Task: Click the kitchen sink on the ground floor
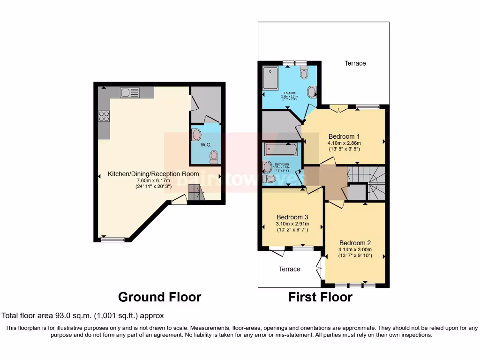click(x=127, y=92)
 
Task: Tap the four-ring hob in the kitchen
click(x=103, y=116)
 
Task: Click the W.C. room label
click(x=207, y=145)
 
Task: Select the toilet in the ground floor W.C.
click(x=214, y=156)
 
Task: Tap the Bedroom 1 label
click(x=344, y=136)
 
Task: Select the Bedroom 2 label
click(x=355, y=243)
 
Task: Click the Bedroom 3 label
click(x=292, y=217)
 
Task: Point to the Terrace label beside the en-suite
click(x=355, y=63)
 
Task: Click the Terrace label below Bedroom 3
click(x=289, y=269)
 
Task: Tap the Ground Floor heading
click(x=159, y=297)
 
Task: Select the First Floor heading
click(x=320, y=297)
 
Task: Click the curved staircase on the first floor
click(x=374, y=183)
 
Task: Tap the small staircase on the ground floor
click(x=196, y=192)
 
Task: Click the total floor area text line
click(x=83, y=316)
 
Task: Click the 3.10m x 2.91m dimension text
click(x=292, y=224)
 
